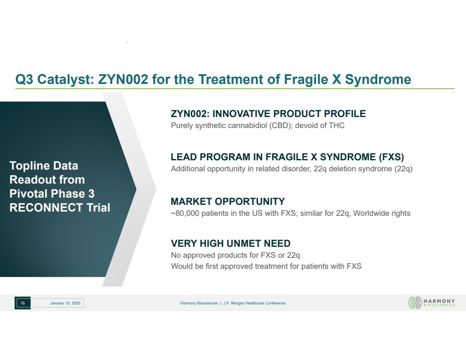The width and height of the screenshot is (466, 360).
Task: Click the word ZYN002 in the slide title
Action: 123,79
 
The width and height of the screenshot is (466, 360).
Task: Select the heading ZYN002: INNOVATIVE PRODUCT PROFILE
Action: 268,114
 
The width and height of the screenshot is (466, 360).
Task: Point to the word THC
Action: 336,126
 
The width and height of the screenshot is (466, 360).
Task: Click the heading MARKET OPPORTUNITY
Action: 227,201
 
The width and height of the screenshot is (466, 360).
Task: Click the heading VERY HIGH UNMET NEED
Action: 230,243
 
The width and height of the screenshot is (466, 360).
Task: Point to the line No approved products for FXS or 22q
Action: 236,255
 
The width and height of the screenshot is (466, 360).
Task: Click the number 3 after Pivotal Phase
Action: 91,194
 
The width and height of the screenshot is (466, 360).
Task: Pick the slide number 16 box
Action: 22,303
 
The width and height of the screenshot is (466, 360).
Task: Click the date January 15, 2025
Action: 65,303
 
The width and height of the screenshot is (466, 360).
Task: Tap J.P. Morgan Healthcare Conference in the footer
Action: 255,303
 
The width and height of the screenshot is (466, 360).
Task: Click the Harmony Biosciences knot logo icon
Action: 415,303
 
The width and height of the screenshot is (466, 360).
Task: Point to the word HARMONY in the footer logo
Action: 439,301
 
